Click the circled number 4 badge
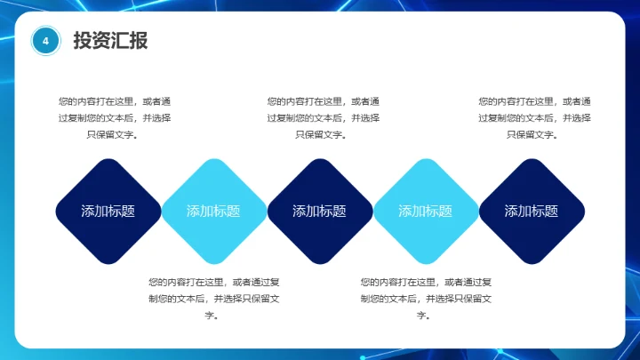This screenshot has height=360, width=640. point(45,40)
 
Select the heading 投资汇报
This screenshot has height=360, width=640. point(110,40)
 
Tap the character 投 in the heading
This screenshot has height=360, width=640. point(83,40)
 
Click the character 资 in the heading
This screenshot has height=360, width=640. point(101,40)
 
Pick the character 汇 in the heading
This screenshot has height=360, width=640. point(120,40)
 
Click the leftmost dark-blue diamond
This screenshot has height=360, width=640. point(108,211)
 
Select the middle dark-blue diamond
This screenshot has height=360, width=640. point(320,211)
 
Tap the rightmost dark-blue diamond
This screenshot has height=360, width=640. point(532,211)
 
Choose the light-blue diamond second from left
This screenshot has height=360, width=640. point(213,211)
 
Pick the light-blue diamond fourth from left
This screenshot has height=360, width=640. point(426,211)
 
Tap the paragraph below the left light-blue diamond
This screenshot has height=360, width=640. point(214,298)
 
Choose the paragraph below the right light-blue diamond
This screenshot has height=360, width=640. point(425,298)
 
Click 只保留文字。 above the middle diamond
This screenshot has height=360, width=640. point(322,135)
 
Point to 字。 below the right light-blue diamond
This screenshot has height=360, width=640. point(424,316)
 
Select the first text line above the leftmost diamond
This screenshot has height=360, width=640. point(113,101)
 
